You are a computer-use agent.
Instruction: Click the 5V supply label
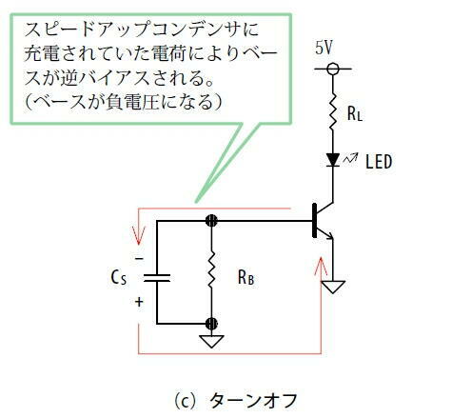(324, 49)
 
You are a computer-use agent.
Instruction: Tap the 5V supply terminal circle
(333, 69)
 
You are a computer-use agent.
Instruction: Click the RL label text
(355, 113)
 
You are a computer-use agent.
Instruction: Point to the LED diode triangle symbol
(333, 160)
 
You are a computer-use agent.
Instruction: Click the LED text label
(379, 161)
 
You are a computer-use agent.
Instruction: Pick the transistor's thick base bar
(314, 220)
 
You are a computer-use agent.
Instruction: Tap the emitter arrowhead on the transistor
(330, 236)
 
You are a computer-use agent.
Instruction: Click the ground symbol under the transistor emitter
(333, 287)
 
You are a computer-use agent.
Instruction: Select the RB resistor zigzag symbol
(211, 269)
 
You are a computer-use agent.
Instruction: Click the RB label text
(246, 278)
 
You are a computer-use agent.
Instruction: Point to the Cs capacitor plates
(157, 278)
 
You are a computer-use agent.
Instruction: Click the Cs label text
(119, 278)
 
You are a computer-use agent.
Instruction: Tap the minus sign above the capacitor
(139, 259)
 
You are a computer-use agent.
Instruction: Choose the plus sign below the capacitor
(139, 302)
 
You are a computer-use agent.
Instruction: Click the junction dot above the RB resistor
(211, 220)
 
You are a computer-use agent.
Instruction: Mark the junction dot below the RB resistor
(211, 324)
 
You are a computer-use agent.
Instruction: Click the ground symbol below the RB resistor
(211, 342)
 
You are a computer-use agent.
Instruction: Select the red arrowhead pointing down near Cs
(139, 236)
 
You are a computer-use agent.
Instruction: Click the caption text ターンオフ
(253, 401)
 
